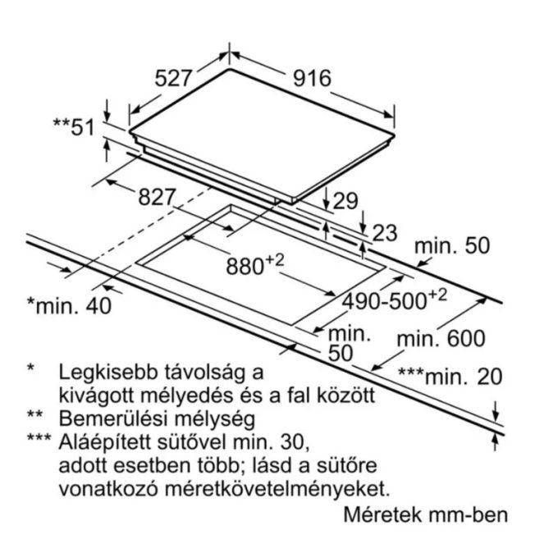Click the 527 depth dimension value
[173, 78]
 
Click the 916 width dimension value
[312, 78]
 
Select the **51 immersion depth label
[74, 127]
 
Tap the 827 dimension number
[157, 197]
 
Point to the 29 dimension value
[345, 201]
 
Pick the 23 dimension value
[384, 233]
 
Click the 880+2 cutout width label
[255, 264]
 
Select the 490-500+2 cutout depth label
[394, 300]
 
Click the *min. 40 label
[70, 305]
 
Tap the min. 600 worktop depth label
[441, 338]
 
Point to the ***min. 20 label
[451, 376]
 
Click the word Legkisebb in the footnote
[108, 373]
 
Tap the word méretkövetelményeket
[277, 489]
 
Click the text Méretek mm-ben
[426, 515]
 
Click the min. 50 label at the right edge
[452, 245]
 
